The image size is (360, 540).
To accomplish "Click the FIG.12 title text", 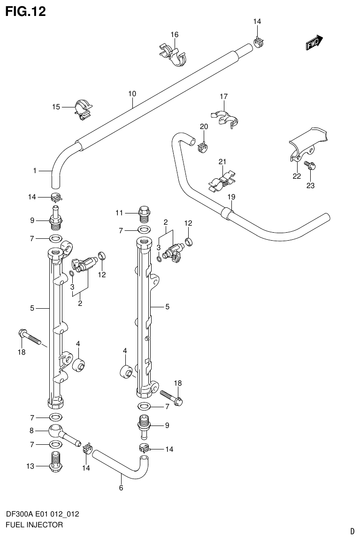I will tap(25, 11).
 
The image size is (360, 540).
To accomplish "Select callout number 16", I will tap(174, 35).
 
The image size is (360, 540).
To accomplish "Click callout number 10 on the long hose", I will tap(132, 94).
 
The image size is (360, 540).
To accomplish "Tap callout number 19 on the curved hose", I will tap(230, 197).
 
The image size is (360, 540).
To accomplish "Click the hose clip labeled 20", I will tap(203, 146).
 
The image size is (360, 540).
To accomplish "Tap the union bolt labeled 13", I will tap(55, 461).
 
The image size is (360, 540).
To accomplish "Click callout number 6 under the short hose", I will tap(121, 488).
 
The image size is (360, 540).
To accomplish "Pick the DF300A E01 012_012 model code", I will tap(42, 514).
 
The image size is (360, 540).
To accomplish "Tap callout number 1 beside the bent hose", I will tap(35, 171).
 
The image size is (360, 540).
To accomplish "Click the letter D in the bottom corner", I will tap(352, 532).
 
